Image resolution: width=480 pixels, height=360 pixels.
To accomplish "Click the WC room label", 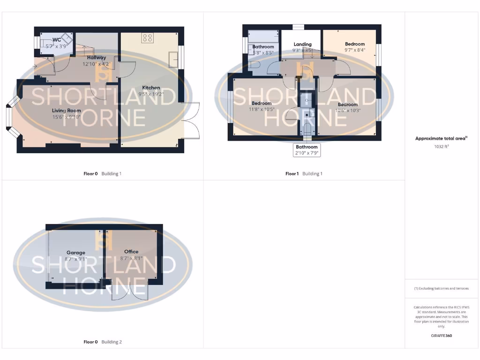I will (57, 40).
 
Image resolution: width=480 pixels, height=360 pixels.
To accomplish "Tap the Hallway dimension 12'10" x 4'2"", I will (96, 64).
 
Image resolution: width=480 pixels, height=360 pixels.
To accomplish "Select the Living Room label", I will (66, 111).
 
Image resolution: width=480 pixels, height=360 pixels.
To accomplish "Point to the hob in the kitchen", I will (147, 38).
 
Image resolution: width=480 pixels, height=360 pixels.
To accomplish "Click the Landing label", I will (302, 45).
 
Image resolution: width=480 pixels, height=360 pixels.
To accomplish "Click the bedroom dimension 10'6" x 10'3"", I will (347, 110).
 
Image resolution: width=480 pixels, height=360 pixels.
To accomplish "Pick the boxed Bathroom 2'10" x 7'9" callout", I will (307, 150).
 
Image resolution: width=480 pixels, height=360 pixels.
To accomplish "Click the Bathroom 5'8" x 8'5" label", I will (263, 47).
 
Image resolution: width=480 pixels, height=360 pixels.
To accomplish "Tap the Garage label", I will (75, 253).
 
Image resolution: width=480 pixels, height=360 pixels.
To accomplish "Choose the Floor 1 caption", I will (292, 173).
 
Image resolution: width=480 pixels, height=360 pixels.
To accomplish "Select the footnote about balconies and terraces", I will (441, 288).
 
